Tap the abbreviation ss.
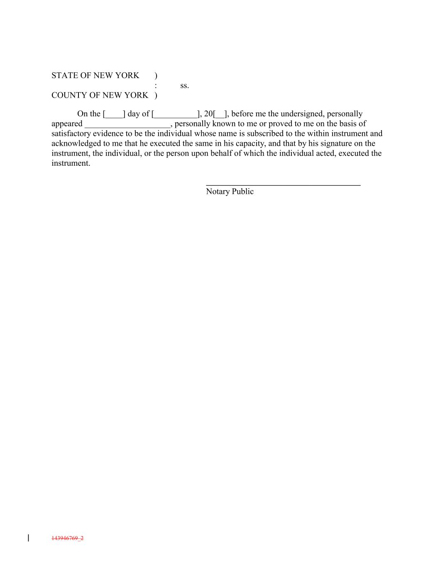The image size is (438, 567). [184, 86]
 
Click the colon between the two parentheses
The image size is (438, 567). [156, 86]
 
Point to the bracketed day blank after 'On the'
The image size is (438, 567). [114, 114]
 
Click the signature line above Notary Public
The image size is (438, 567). [283, 185]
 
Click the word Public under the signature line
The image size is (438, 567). [242, 191]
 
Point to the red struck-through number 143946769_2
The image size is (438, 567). [67, 538]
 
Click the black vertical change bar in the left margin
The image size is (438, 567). [28, 538]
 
